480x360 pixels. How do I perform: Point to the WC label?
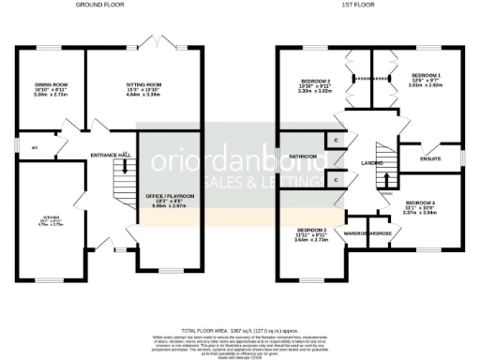pyautogui.click(x=35, y=147)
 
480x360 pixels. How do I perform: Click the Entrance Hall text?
pyautogui.click(x=110, y=155)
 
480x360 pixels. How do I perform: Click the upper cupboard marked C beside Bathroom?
pyautogui.click(x=337, y=140)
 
